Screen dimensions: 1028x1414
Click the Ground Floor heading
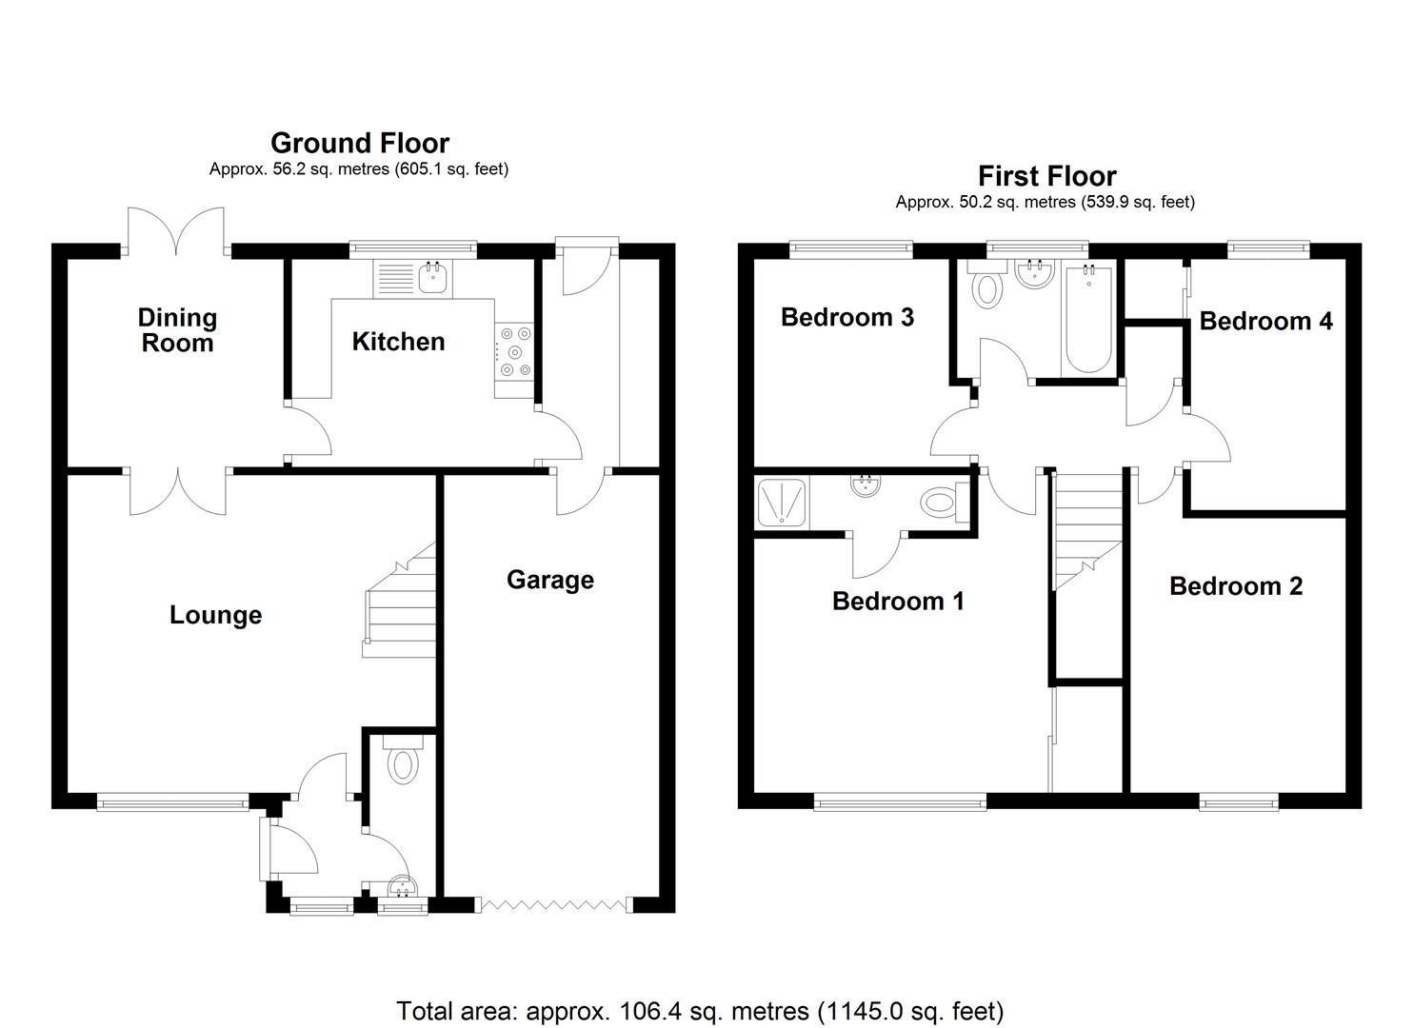359,143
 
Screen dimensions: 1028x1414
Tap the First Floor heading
1046,176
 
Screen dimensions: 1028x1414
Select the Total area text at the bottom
699,1010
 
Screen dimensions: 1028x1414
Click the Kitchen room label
398,342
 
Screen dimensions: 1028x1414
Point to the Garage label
549,580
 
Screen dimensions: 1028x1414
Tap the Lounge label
215,615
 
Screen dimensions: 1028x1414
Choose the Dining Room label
177,330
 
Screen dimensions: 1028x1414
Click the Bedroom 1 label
898,601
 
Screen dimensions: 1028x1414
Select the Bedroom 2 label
1235,586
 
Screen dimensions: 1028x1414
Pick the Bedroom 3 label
846,317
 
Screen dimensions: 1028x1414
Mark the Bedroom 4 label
1265,321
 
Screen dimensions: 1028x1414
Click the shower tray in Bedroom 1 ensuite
781,502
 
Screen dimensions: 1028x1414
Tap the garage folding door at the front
554,905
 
